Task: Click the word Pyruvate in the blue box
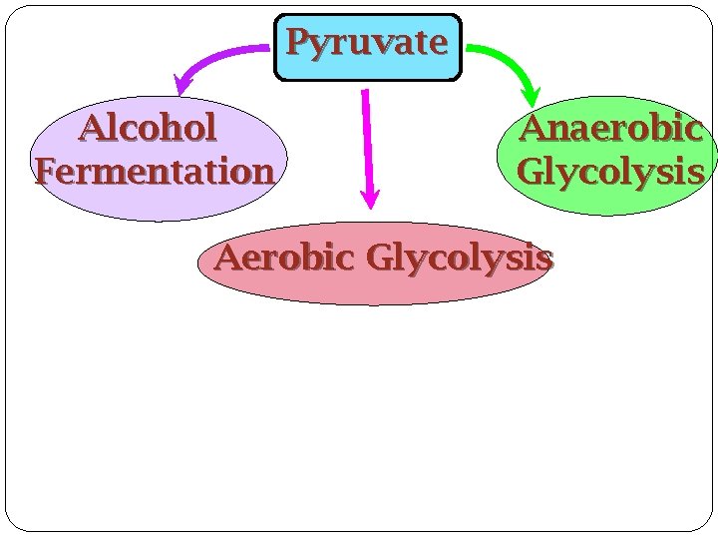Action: point(367,43)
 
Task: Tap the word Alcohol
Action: point(149,128)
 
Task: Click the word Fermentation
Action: point(155,172)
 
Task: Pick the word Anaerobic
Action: point(610,129)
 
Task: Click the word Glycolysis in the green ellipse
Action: point(610,172)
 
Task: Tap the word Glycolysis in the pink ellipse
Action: point(459,259)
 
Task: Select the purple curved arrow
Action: point(214,56)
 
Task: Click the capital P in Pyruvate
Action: point(296,43)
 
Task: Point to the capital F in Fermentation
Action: point(46,172)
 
